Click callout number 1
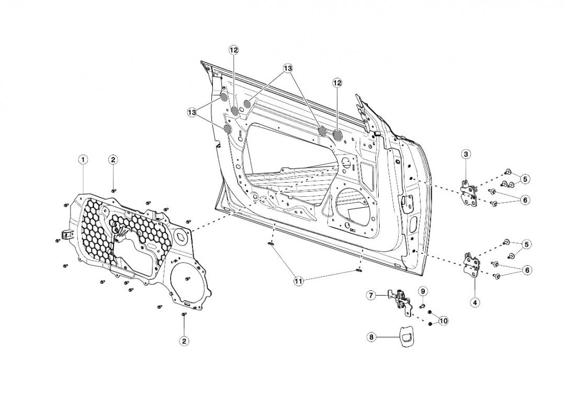[x=83, y=159]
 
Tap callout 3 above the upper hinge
[x=466, y=154]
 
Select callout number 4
[x=474, y=302]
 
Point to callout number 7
[x=371, y=295]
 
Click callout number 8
[x=371, y=337]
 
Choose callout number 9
[x=423, y=290]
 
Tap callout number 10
[x=443, y=321]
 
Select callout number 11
[x=298, y=281]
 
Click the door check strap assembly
[x=400, y=302]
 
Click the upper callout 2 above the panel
[x=113, y=159]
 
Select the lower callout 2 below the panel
[x=184, y=341]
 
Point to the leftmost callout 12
[x=233, y=50]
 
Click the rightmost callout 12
[x=337, y=83]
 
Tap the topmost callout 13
[x=287, y=68]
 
